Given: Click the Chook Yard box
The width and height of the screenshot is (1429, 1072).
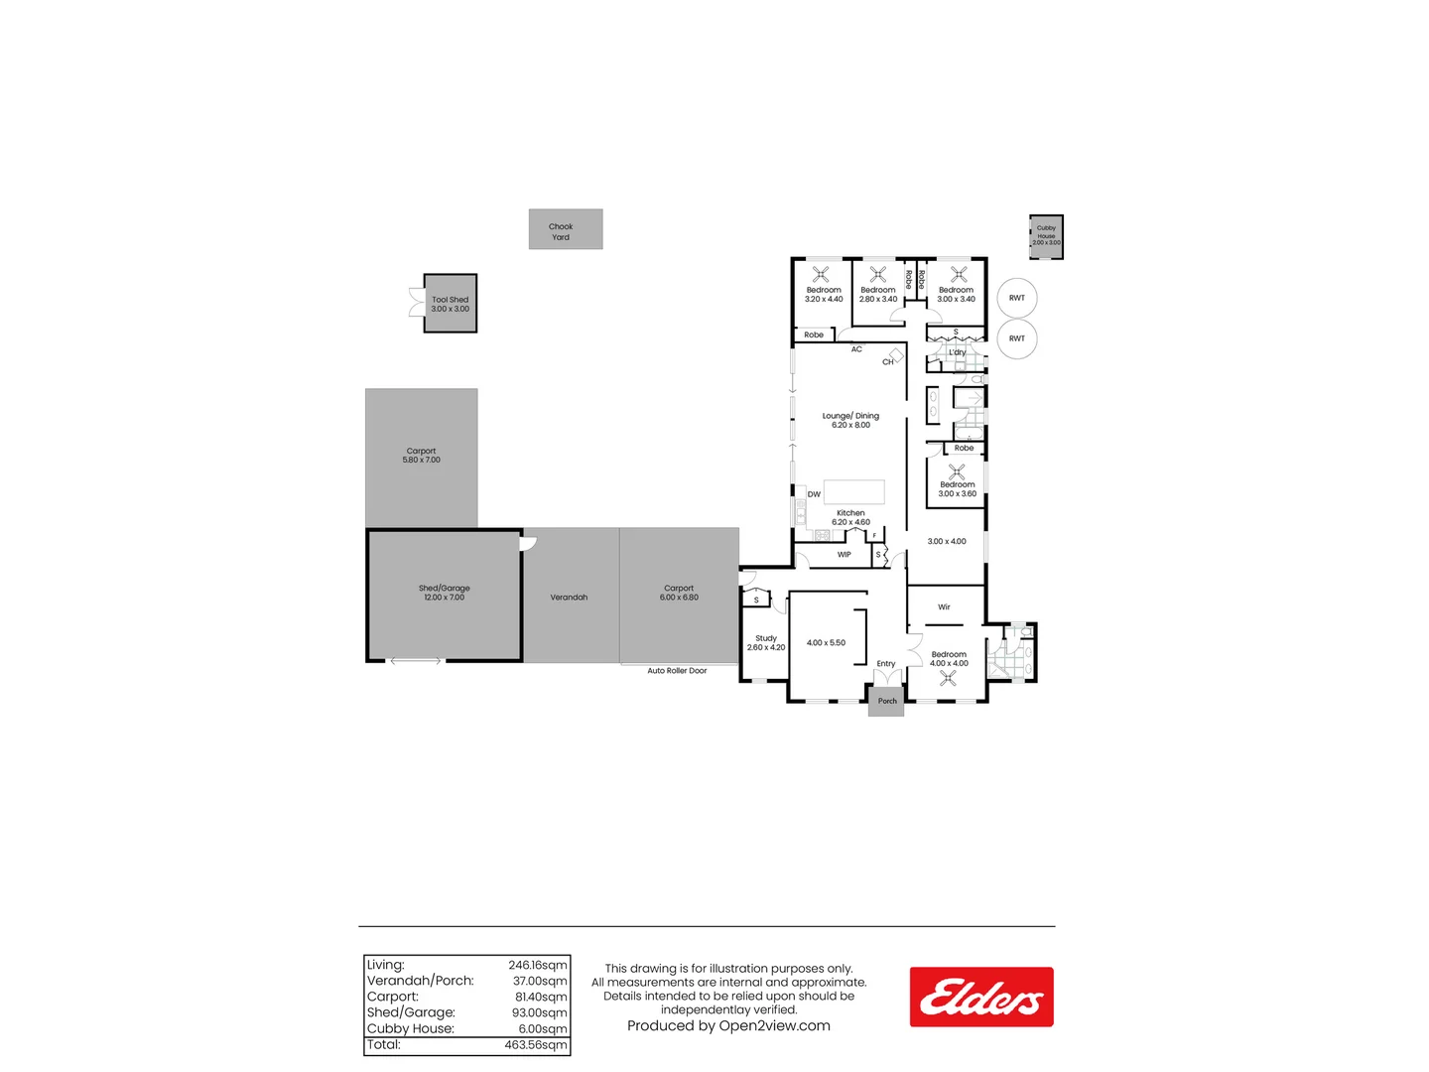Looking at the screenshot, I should pyautogui.click(x=565, y=229).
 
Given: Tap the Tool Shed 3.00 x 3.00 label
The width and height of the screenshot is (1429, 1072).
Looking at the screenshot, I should pyautogui.click(x=450, y=304).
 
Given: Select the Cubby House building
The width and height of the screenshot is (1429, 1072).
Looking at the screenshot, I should pyautogui.click(x=1046, y=237).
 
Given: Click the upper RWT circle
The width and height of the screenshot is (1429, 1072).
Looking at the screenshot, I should pyautogui.click(x=1017, y=298).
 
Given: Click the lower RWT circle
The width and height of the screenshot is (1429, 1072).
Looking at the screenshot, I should pyautogui.click(x=1017, y=338).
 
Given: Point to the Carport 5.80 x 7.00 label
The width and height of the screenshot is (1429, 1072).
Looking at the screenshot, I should pyautogui.click(x=421, y=456).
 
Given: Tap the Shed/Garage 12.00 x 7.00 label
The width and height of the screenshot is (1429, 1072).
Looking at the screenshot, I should pyautogui.click(x=444, y=593).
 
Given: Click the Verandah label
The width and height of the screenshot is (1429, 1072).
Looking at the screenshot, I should pyautogui.click(x=569, y=598).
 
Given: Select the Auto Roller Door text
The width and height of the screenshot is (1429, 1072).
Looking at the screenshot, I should pyautogui.click(x=677, y=671).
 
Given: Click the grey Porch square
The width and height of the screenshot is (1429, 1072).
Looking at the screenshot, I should pyautogui.click(x=887, y=701).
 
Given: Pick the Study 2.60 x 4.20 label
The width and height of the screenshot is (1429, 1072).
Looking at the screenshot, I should pyautogui.click(x=765, y=643).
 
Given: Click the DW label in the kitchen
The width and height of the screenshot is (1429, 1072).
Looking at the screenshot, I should pyautogui.click(x=814, y=494).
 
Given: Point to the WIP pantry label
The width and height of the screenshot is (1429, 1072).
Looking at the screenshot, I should pyautogui.click(x=844, y=555).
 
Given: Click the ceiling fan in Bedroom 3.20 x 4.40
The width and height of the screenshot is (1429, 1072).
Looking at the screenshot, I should pyautogui.click(x=821, y=274).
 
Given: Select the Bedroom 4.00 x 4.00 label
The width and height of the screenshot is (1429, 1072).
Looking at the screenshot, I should pyautogui.click(x=949, y=659).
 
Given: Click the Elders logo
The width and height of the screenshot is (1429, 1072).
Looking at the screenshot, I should pyautogui.click(x=980, y=997).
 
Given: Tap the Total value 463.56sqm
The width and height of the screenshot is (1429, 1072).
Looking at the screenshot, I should pyautogui.click(x=536, y=1045).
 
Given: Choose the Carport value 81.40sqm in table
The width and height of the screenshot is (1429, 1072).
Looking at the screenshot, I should pyautogui.click(x=540, y=997).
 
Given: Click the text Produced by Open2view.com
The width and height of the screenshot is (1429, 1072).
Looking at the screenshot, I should pyautogui.click(x=728, y=1026).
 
